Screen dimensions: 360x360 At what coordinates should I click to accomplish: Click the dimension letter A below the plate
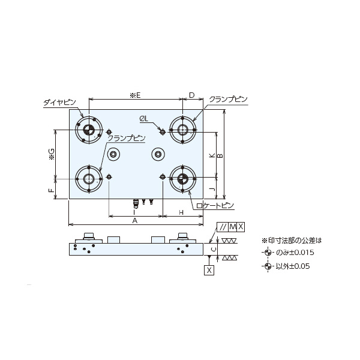point(135,221)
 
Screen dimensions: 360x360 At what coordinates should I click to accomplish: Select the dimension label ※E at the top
point(135,95)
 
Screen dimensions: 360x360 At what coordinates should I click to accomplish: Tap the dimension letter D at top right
point(192,95)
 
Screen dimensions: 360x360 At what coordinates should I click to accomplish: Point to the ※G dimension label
point(52,154)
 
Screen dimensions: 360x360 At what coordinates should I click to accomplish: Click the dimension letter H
point(181,212)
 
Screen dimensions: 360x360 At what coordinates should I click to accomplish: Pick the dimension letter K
point(212,155)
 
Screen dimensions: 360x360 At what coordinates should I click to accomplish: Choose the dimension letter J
point(212,189)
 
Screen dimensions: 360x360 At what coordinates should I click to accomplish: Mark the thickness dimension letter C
point(213,250)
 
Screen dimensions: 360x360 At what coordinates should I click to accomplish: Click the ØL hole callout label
point(144,119)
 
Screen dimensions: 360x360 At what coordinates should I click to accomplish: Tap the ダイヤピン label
point(59,103)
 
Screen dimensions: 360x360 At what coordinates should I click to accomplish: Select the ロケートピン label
point(215,206)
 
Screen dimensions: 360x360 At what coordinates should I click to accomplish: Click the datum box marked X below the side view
point(209,270)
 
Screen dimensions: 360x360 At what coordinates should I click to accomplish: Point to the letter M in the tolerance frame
point(233,227)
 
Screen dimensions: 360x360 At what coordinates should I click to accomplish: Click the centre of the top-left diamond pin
point(89,130)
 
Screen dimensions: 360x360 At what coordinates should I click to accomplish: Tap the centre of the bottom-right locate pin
point(182,178)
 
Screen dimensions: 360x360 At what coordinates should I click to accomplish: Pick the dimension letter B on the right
point(220,155)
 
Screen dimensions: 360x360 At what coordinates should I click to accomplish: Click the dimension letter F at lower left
point(52,190)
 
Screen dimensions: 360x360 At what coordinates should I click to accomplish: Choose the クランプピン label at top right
point(228,100)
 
